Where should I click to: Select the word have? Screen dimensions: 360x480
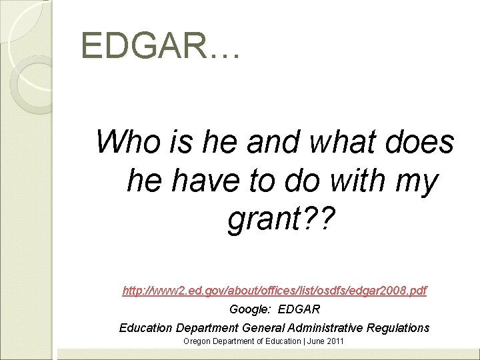pyautogui.click(x=201, y=181)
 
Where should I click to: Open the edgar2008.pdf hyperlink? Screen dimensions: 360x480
pyautogui.click(x=275, y=291)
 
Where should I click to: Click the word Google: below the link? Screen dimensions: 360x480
pyautogui.click(x=250, y=309)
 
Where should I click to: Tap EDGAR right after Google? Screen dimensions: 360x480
pyautogui.click(x=299, y=309)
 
